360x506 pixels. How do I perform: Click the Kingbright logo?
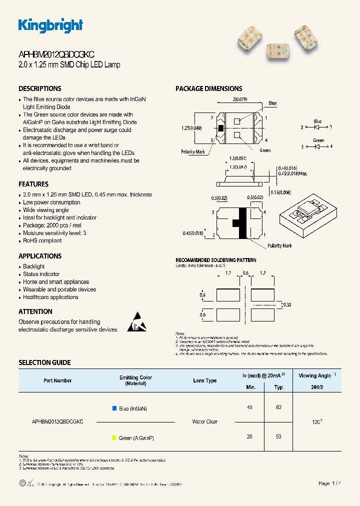[x=50, y=25]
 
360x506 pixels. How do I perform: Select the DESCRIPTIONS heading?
[x=40, y=88]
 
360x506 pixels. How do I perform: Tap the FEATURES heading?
[x=33, y=184]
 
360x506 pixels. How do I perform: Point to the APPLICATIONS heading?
[x=40, y=256]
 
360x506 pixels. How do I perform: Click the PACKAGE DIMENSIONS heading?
[x=208, y=88]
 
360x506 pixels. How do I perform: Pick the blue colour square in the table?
[x=114, y=408]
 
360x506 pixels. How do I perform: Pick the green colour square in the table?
[x=114, y=438]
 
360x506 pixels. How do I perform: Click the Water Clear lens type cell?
[x=205, y=422]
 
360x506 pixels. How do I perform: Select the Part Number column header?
[x=57, y=380]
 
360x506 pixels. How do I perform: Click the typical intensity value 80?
[x=278, y=407]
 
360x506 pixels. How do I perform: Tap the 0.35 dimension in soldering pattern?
[x=286, y=304]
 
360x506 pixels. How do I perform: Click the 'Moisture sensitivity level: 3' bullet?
[x=54, y=233]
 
